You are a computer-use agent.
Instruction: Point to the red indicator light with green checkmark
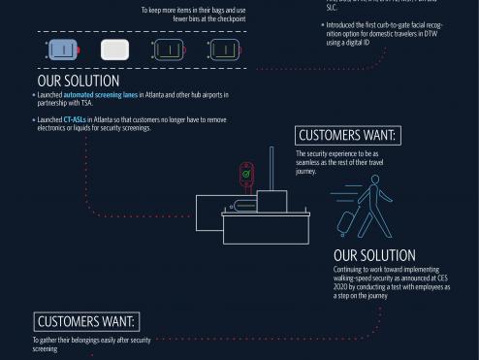pyautogui.click(x=247, y=176)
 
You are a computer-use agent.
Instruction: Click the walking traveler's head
pyautogui.click(x=369, y=182)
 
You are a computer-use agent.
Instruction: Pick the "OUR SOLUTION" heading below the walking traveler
pyautogui.click(x=373, y=256)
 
